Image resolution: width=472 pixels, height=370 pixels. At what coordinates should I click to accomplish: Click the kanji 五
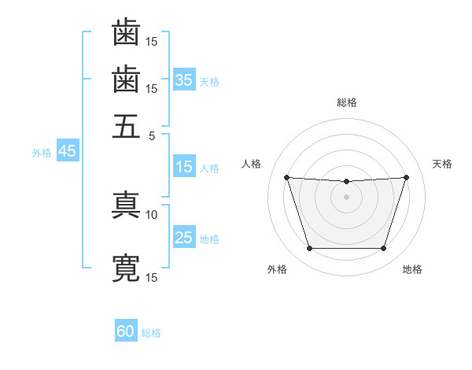(x=126, y=125)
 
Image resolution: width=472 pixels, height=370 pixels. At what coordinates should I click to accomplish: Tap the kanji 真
(x=126, y=205)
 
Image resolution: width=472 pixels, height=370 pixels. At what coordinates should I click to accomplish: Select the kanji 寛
(x=126, y=268)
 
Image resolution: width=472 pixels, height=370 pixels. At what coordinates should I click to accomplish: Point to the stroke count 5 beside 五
(x=153, y=135)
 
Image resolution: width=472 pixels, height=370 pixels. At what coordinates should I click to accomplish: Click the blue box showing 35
(x=184, y=80)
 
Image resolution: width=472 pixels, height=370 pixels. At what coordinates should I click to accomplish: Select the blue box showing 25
(x=184, y=238)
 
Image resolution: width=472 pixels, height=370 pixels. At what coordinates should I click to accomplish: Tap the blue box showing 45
(x=67, y=151)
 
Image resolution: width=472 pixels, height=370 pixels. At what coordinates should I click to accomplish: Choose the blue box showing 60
(x=126, y=331)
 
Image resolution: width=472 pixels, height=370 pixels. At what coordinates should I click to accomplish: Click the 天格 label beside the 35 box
(x=209, y=81)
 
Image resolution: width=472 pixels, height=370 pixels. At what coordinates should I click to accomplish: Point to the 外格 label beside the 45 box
(x=42, y=153)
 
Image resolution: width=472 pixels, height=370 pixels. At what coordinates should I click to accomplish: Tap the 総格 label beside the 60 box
(x=151, y=333)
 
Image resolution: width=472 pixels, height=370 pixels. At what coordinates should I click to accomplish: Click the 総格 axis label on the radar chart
(x=346, y=102)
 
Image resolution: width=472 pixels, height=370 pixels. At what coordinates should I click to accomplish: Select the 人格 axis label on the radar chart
(x=252, y=164)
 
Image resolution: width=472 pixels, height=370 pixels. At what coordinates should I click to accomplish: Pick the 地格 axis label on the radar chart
(x=412, y=269)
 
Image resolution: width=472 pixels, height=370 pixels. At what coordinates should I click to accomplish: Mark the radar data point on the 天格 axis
(x=406, y=177)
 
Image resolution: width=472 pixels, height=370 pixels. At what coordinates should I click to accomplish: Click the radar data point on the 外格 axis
(x=309, y=249)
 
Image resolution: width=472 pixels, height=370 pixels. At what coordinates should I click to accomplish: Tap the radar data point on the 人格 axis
(x=286, y=177)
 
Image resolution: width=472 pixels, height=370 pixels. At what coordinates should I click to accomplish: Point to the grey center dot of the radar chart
(x=346, y=197)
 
